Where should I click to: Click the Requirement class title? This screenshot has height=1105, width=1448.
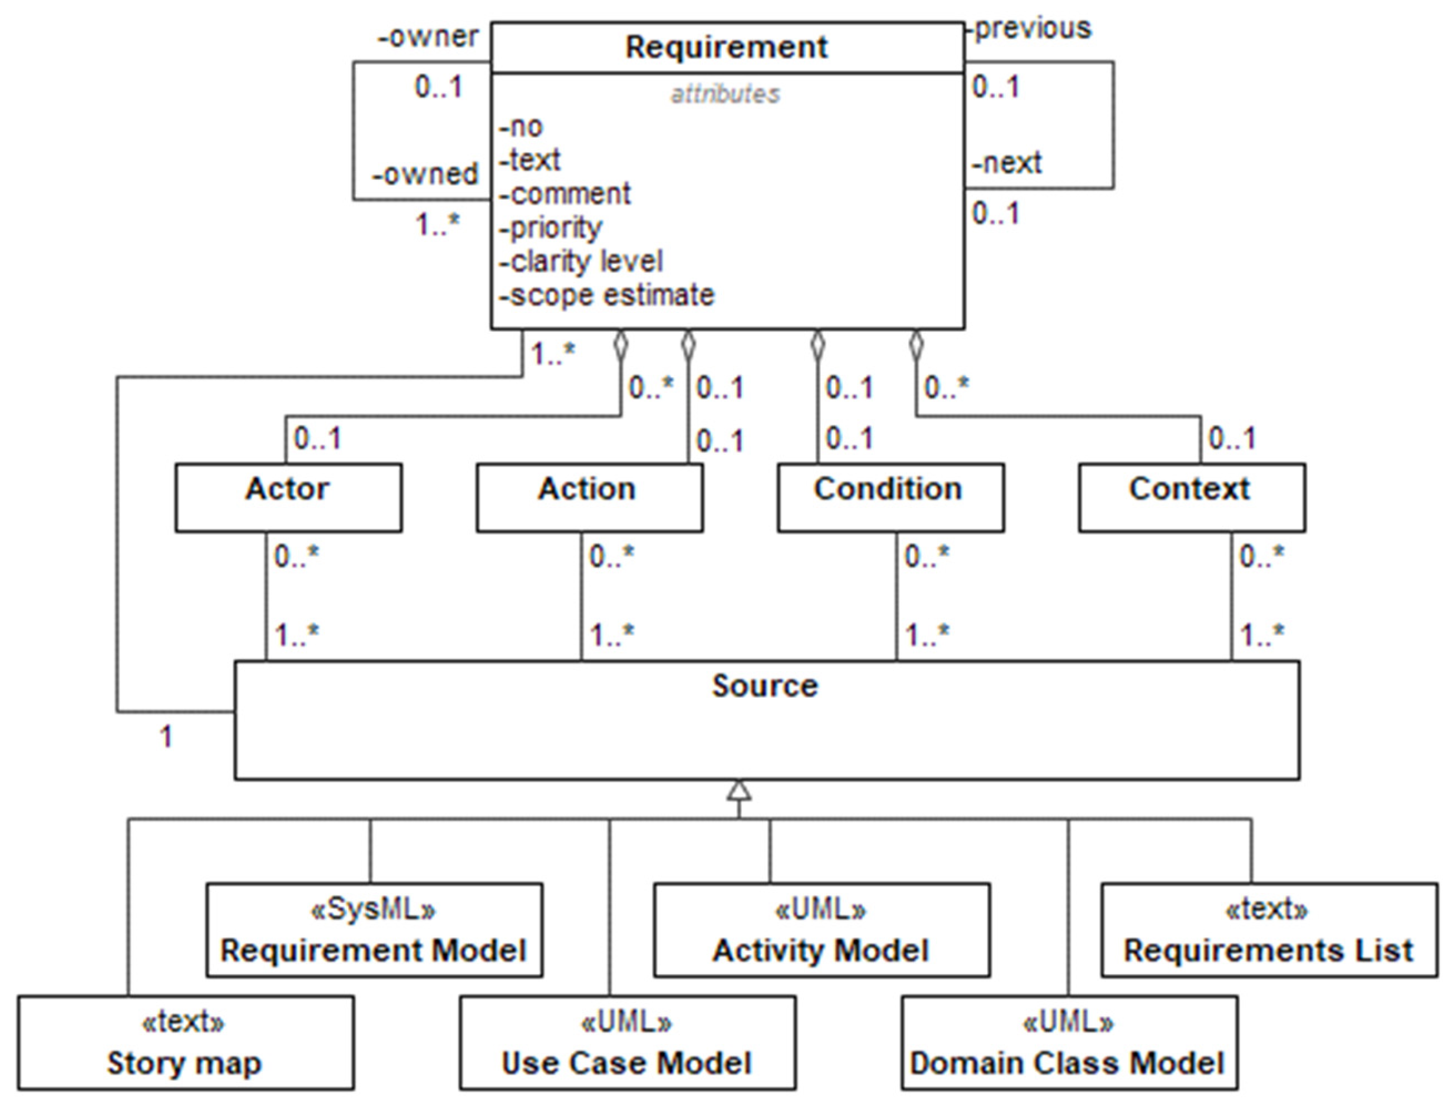click(x=726, y=47)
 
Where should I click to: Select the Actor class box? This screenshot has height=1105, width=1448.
click(x=288, y=497)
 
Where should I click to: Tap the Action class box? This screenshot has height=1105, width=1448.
click(x=589, y=497)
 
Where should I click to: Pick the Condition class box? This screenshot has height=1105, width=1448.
click(x=890, y=497)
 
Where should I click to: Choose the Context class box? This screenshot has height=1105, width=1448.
click(x=1192, y=497)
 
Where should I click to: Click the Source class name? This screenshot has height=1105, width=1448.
click(x=766, y=686)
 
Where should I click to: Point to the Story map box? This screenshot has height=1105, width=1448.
click(x=186, y=1043)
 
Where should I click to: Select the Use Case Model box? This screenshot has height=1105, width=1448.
click(x=627, y=1043)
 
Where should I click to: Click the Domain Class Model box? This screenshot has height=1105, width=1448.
click(x=1069, y=1043)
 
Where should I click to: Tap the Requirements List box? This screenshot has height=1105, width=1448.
click(x=1268, y=930)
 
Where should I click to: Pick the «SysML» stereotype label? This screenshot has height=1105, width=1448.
click(x=373, y=910)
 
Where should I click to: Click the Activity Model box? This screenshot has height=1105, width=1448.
click(x=822, y=930)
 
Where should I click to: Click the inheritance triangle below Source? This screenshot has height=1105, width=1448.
click(x=739, y=791)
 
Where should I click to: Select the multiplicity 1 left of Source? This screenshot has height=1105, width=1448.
click(x=166, y=737)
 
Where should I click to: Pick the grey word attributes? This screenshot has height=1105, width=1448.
click(x=725, y=95)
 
